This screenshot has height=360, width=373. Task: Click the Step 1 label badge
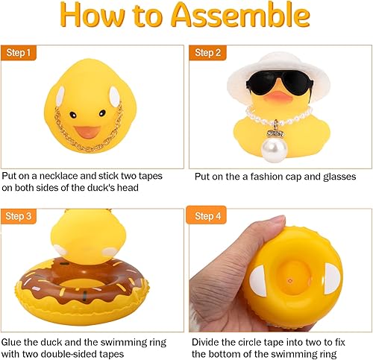point(19,53)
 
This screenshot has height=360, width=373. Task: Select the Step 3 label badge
point(19,217)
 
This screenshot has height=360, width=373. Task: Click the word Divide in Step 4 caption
point(207,341)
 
